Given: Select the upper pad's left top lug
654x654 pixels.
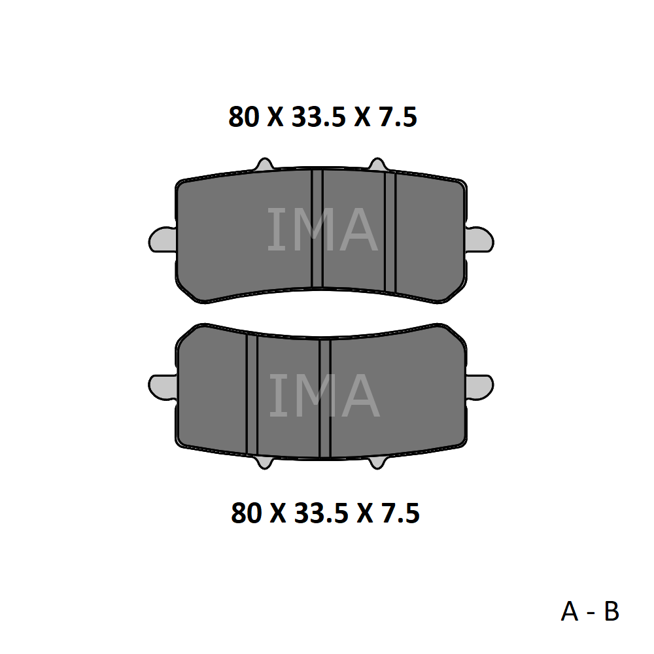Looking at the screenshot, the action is pyautogui.click(x=264, y=165).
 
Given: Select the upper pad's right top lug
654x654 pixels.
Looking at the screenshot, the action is pyautogui.click(x=377, y=165).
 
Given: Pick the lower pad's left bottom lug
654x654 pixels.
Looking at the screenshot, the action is pyautogui.click(x=264, y=462).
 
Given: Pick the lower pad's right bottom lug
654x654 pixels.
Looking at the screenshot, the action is pyautogui.click(x=377, y=462).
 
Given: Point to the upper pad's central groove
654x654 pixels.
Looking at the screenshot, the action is pyautogui.click(x=317, y=228).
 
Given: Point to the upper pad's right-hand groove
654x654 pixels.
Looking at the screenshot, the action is pyautogui.click(x=390, y=232).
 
